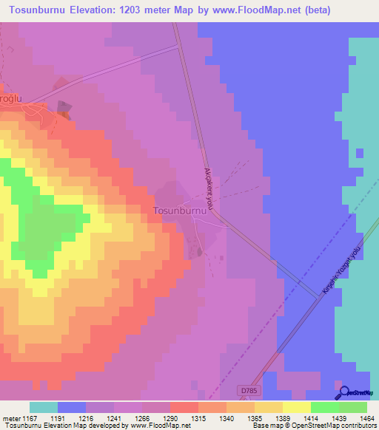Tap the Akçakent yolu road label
[209, 188]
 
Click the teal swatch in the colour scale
[44, 407]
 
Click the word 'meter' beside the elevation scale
[11, 418]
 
